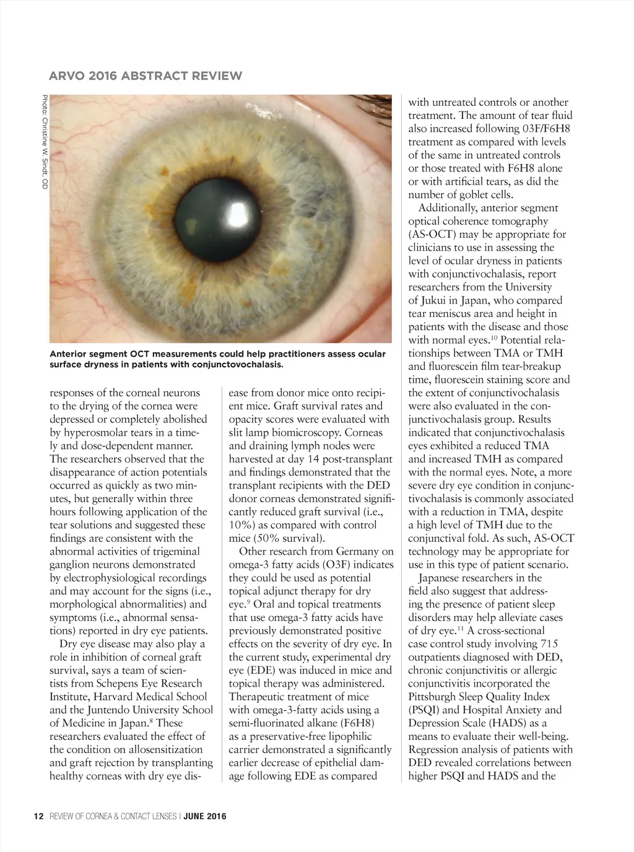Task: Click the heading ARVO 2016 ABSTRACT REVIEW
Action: coord(145,76)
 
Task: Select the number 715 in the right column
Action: coord(553,644)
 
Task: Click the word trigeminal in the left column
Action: coord(172,551)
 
